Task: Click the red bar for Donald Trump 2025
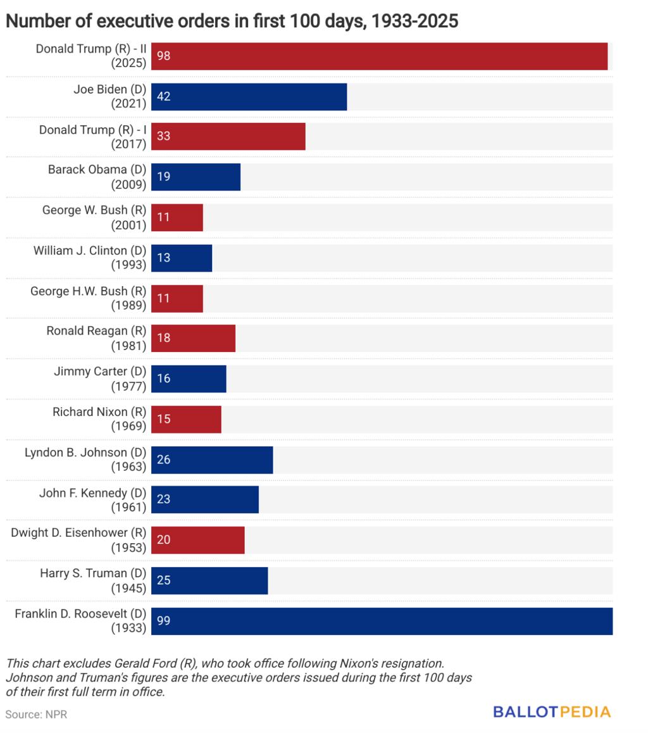[x=379, y=56]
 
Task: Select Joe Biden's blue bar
[x=249, y=97]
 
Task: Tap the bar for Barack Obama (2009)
[x=196, y=177]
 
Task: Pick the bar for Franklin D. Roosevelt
[x=382, y=621]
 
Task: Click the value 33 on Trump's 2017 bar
[x=163, y=137]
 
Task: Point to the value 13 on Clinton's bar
[x=163, y=258]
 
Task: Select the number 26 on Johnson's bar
[x=163, y=460]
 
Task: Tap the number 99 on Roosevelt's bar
[x=163, y=621]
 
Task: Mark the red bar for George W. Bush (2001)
[x=177, y=217]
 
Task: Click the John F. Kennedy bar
[x=204, y=499]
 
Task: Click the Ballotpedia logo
[x=552, y=711]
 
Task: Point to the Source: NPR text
[x=36, y=715]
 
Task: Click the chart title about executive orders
[x=232, y=22]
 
